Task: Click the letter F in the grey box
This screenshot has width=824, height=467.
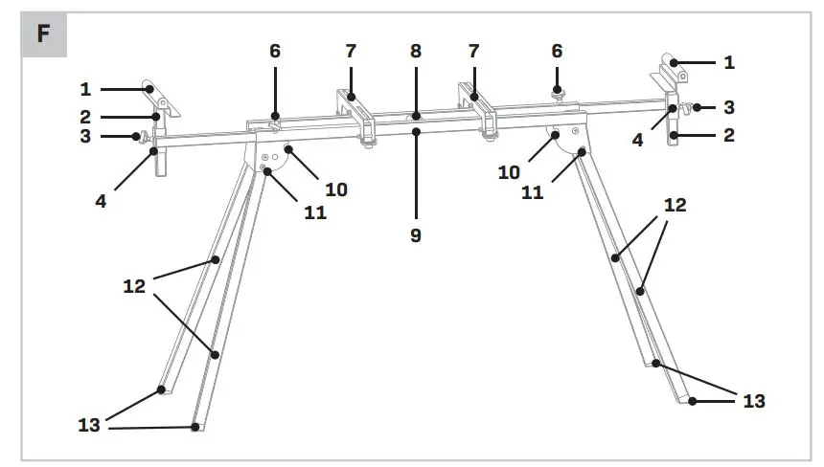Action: click(x=43, y=34)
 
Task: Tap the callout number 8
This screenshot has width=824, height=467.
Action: click(x=416, y=51)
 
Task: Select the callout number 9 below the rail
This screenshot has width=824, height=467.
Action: click(x=416, y=234)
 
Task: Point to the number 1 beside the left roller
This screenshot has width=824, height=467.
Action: click(x=85, y=89)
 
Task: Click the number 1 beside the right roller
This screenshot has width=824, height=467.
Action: click(x=730, y=62)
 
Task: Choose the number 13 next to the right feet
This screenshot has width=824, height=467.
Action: click(x=754, y=401)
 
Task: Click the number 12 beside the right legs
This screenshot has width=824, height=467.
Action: click(x=675, y=205)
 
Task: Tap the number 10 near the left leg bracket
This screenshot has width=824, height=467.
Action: click(x=335, y=189)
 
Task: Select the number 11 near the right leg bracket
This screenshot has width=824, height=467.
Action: click(x=532, y=192)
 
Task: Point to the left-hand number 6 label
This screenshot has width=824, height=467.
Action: click(x=275, y=51)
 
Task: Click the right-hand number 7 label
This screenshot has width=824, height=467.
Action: click(x=473, y=51)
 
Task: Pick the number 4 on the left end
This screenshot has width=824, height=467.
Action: click(x=101, y=201)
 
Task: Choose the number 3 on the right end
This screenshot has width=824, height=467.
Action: click(x=730, y=106)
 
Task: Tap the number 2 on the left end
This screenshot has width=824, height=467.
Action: click(x=85, y=116)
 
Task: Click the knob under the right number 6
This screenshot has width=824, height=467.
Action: click(x=557, y=93)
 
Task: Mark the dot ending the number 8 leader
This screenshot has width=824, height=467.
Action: click(x=416, y=118)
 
